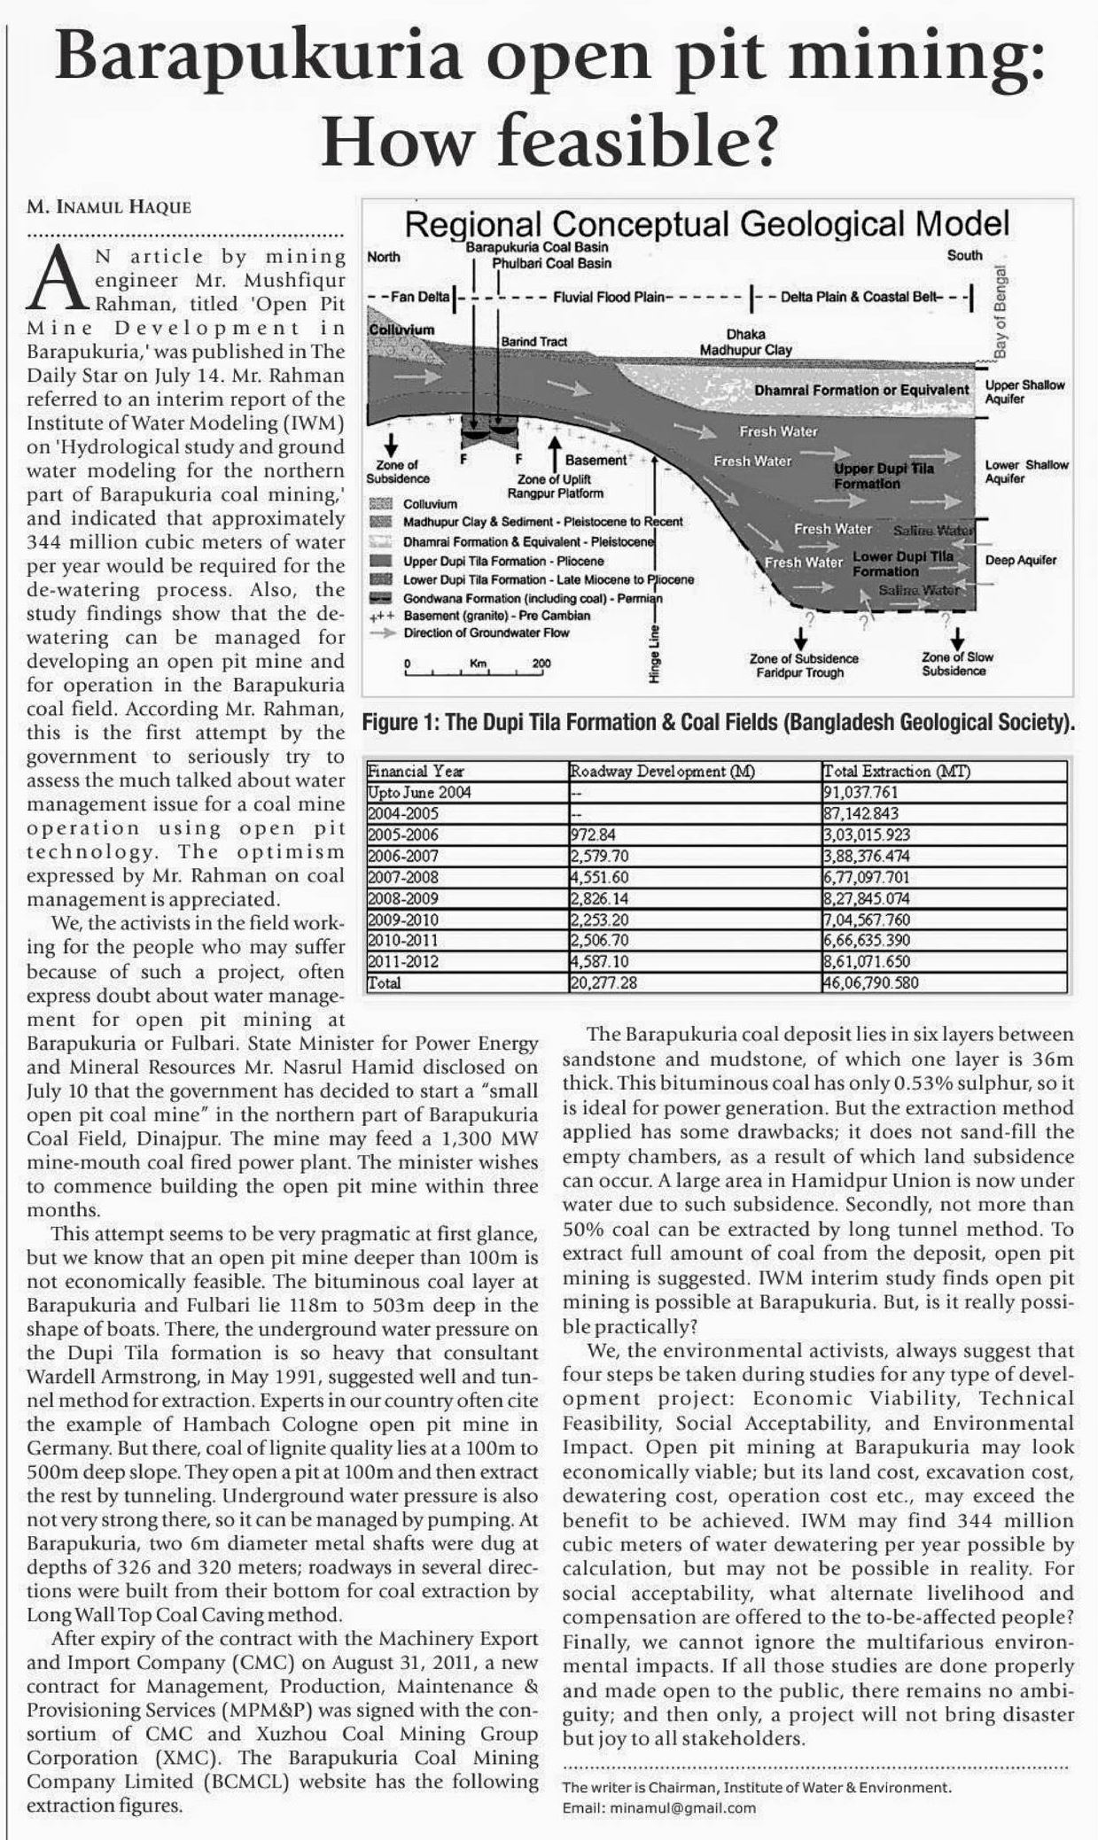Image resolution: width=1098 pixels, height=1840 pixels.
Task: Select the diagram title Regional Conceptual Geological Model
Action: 706,224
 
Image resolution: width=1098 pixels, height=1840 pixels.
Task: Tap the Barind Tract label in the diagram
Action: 533,341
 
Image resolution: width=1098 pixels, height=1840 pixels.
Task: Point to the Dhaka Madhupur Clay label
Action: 745,343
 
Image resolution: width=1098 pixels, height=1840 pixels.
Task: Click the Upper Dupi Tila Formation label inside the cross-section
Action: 883,476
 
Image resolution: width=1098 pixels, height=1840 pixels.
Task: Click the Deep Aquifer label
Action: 1021,560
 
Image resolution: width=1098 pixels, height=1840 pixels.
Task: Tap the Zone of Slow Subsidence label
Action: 957,664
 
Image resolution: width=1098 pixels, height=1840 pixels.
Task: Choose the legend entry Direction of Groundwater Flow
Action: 487,633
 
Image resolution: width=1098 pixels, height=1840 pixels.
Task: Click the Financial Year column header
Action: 417,772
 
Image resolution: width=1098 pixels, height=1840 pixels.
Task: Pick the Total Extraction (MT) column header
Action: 897,772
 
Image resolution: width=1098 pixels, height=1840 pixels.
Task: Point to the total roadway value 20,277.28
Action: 603,982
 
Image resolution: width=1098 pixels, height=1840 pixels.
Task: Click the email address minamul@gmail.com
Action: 659,1807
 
